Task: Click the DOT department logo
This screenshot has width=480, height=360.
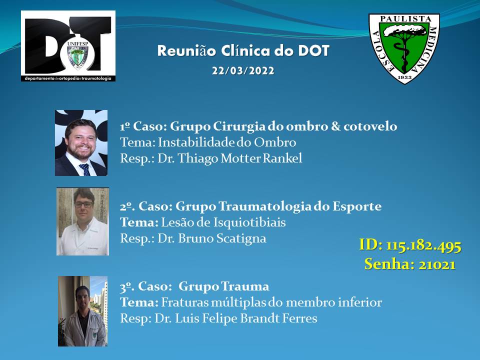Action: [x=68, y=46]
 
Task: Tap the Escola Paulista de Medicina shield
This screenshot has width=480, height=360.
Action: [x=404, y=48]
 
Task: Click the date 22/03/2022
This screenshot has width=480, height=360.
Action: [x=243, y=70]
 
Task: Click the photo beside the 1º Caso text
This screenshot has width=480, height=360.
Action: [x=81, y=142]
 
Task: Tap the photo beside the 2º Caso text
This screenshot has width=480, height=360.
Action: [x=82, y=221]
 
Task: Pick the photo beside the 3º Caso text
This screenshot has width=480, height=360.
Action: [x=82, y=311]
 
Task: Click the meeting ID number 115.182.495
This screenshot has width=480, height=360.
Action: [x=423, y=245]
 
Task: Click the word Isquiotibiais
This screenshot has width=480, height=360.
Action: [x=249, y=222]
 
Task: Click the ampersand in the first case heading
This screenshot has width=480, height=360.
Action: [x=335, y=126]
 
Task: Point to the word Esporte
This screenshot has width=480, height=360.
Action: [x=357, y=206]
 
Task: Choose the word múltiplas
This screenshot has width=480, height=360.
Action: [x=238, y=302]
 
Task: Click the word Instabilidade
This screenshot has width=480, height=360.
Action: [x=194, y=142]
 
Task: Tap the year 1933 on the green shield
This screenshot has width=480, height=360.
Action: [x=404, y=77]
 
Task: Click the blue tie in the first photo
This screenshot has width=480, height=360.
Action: [x=85, y=169]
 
